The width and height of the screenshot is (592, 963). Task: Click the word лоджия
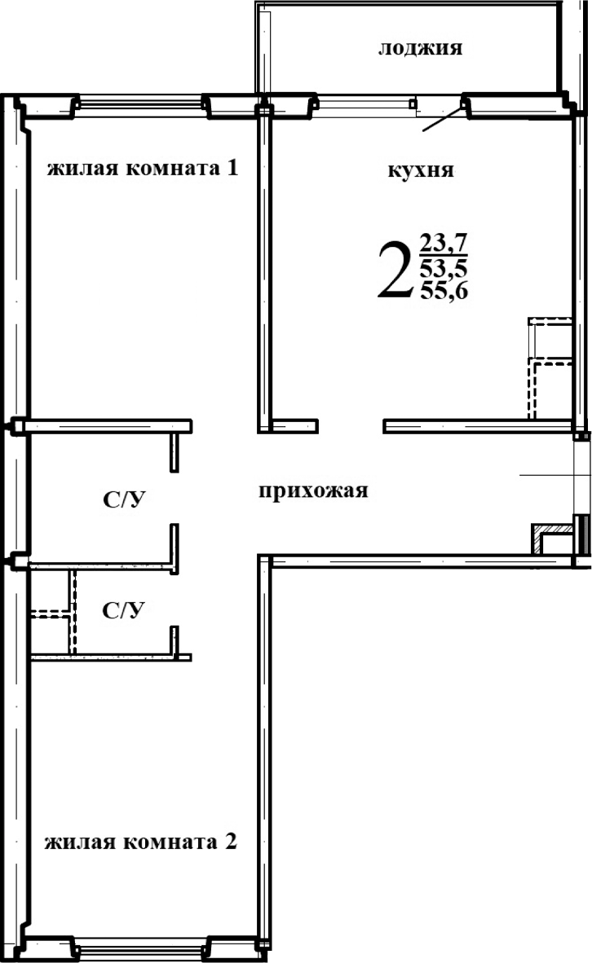coord(420,48)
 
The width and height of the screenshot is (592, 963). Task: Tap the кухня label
coord(420,171)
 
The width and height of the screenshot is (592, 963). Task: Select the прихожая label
coord(314,490)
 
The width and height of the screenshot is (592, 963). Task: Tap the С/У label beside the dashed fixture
coord(123,610)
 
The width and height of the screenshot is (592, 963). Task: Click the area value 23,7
coord(444,243)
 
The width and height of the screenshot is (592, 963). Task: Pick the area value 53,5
coord(444,266)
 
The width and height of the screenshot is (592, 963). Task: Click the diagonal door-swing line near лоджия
coord(444,119)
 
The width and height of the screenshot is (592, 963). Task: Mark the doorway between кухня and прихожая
coord(351,424)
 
